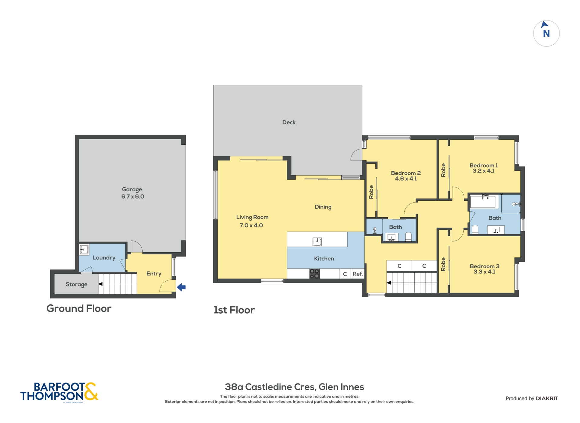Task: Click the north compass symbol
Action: click(x=546, y=33)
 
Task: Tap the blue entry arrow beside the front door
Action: click(x=181, y=287)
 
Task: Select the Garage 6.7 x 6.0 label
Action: click(x=132, y=193)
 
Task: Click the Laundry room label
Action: click(x=104, y=258)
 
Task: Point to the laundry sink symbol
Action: click(x=84, y=250)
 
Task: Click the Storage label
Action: click(x=76, y=284)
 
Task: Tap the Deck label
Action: click(x=289, y=122)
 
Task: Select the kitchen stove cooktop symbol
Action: click(x=314, y=274)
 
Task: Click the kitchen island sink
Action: click(x=317, y=241)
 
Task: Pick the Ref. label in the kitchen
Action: click(x=358, y=274)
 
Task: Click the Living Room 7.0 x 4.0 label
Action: click(x=252, y=221)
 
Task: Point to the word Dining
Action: click(x=323, y=207)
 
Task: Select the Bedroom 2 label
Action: click(x=406, y=176)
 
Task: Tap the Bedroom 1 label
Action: click(x=483, y=168)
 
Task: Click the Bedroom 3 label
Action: click(x=484, y=269)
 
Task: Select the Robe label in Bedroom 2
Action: click(x=371, y=192)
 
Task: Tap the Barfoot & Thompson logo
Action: click(x=59, y=392)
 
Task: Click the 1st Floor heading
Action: click(x=234, y=310)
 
